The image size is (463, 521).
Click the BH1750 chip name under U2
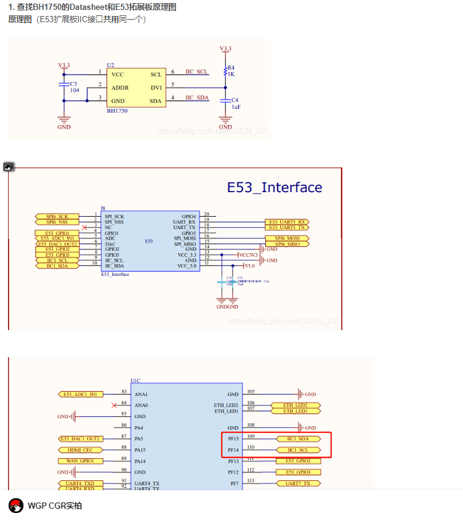coord(118,111)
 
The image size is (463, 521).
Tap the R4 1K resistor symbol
coord(225,71)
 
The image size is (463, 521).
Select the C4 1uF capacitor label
coord(235,103)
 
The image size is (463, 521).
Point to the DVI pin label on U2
coord(156,87)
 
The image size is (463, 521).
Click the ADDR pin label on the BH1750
coord(120,87)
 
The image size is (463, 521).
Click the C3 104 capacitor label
coord(74,87)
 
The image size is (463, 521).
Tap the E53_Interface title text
coord(275,188)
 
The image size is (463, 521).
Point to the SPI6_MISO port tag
coord(287,244)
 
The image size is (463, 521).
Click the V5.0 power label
coord(249,266)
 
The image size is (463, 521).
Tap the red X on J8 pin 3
coord(84,227)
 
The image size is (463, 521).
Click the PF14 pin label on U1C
coord(233,450)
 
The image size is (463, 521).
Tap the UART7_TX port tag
coord(297,483)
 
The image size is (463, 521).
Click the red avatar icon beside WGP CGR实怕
coord(15,506)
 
